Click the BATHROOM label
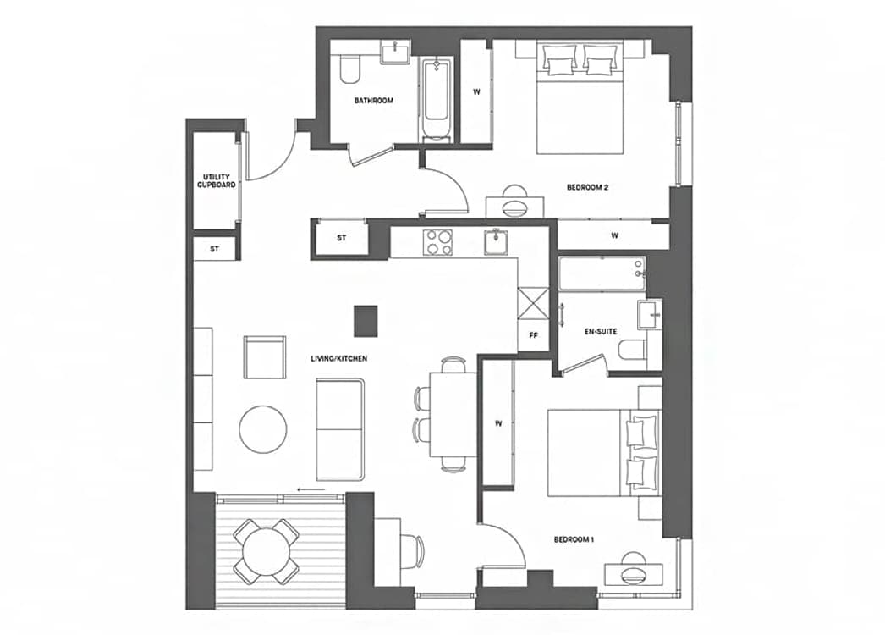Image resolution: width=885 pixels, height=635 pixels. (374, 101)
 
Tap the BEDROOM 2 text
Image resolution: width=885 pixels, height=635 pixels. (587, 188)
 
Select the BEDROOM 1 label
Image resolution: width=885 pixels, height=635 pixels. (574, 539)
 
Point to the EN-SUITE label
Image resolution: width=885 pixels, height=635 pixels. (601, 332)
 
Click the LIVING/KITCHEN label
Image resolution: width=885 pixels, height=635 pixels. (338, 359)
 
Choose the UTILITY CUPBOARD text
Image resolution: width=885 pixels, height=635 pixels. (216, 181)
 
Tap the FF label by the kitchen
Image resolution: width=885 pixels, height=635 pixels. (533, 335)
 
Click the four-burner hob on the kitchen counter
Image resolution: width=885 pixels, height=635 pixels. (438, 242)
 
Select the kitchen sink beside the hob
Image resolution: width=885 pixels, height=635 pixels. (496, 242)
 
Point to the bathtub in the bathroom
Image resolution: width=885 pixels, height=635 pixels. (437, 99)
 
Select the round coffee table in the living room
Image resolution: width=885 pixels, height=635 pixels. (262, 429)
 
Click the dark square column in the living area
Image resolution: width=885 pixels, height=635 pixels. (366, 321)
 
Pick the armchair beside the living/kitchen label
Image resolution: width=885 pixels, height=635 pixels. (264, 357)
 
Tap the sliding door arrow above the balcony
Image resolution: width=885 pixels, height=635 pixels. (311, 489)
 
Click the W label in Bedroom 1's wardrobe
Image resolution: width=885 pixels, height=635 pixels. (498, 423)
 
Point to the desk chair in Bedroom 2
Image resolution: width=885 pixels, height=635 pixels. (514, 202)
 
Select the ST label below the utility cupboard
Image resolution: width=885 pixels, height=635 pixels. (214, 249)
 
